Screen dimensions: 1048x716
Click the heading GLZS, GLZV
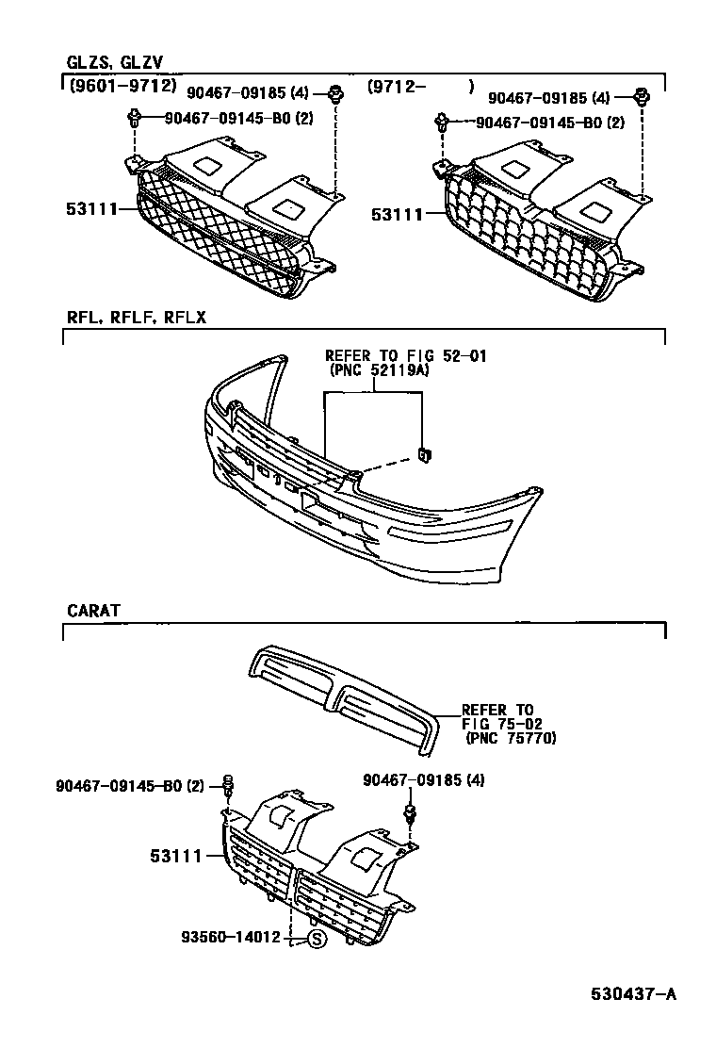click(114, 63)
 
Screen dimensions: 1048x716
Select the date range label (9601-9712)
click(122, 86)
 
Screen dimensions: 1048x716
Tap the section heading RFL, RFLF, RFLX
click(136, 318)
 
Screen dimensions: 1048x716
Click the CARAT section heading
click(94, 611)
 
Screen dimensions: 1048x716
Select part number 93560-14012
click(232, 938)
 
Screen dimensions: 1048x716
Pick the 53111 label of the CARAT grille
click(176, 856)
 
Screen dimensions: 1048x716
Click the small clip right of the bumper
click(425, 455)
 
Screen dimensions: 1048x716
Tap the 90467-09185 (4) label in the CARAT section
click(424, 780)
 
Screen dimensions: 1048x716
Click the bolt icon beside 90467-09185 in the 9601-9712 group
click(335, 92)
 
